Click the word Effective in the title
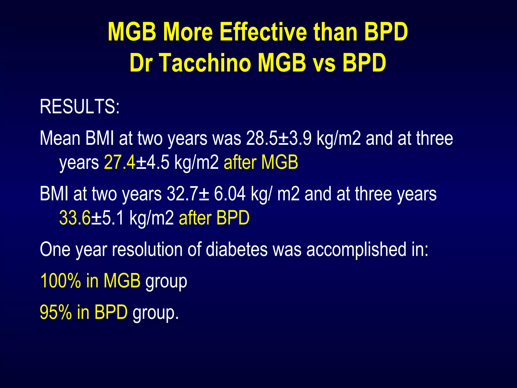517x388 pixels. [263, 32]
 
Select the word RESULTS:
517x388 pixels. [80, 107]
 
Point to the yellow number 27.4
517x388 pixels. [120, 162]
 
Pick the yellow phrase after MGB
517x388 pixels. [261, 162]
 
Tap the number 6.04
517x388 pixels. [229, 194]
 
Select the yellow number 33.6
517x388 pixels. [75, 218]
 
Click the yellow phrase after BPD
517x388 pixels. [214, 218]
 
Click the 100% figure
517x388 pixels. [60, 281]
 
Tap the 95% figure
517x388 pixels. [56, 312]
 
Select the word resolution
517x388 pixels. [147, 250]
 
